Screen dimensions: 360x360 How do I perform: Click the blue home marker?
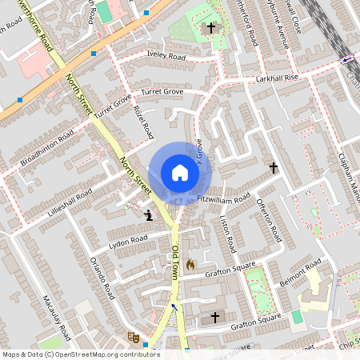coord(180,173)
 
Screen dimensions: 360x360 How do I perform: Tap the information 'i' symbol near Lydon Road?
coord(148,214)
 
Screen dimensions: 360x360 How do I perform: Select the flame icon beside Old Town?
coord(190,263)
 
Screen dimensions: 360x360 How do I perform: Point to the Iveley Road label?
coord(166,57)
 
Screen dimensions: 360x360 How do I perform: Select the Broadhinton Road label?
coord(48,149)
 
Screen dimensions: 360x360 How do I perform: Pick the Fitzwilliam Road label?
coord(224,197)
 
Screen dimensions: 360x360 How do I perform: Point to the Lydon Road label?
coord(129,240)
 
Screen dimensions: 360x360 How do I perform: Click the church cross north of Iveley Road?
coord(211,28)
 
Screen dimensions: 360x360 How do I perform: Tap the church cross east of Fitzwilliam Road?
coord(273,168)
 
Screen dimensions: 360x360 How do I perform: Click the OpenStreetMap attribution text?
coord(81,354)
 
